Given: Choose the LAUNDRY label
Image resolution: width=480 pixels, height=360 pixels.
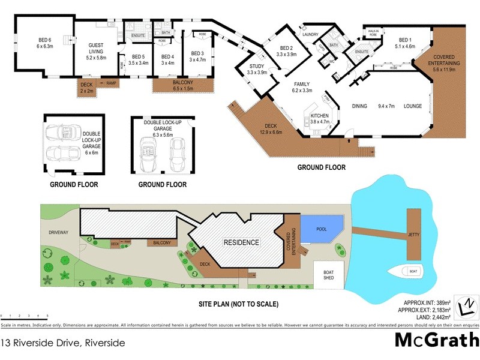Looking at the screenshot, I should (x=310, y=35).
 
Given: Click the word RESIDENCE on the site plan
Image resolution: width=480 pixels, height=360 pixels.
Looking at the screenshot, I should (x=242, y=243).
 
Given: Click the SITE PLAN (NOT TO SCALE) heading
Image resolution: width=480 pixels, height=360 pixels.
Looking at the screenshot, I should (x=238, y=304).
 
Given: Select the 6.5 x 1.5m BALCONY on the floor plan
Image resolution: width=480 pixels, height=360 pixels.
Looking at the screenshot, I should (x=184, y=85).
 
